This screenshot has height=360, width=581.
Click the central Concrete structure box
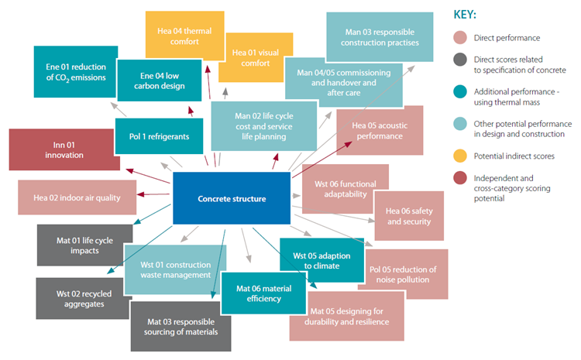232,199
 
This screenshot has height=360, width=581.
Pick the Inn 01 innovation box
53,149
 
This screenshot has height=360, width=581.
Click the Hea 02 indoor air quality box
77,197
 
